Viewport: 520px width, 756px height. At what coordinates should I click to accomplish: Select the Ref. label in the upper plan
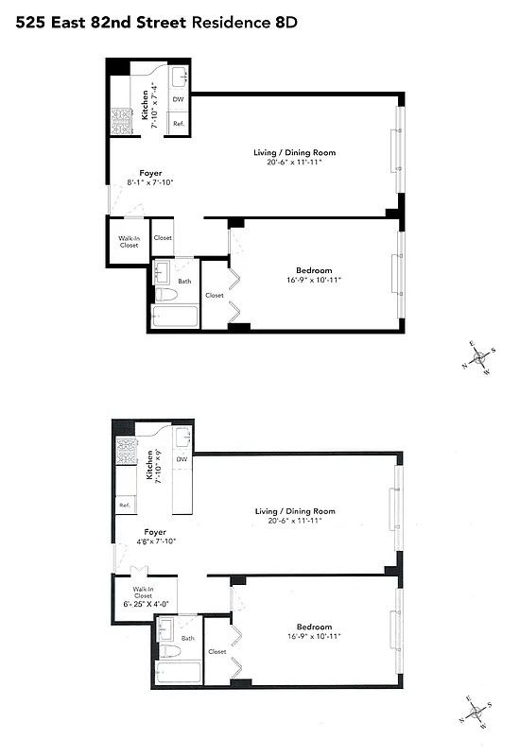(177, 124)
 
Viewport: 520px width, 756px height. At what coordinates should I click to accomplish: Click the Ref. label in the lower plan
(124, 506)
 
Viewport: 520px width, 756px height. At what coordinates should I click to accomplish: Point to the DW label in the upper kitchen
(178, 98)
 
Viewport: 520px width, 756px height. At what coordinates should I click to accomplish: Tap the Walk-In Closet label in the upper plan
(129, 241)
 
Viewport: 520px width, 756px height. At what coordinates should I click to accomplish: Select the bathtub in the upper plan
(176, 317)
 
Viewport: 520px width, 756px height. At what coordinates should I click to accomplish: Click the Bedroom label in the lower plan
(314, 627)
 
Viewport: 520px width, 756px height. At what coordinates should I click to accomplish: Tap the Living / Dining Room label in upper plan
(294, 152)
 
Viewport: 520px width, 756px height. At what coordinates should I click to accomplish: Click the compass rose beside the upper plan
(481, 357)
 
